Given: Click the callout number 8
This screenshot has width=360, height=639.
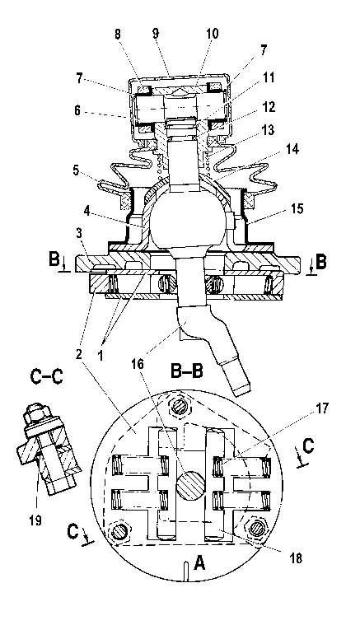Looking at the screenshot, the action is coord(119,35).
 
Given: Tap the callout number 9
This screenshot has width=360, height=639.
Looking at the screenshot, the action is coord(156,34).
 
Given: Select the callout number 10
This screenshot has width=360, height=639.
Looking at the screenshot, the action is coord(212,34).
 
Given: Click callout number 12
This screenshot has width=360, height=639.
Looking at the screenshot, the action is coord(269,107).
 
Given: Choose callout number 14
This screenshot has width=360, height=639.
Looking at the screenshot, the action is coord(292,150).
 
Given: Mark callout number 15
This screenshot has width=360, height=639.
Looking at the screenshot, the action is coord(297,208).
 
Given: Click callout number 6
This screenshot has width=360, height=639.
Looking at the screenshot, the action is coord(78,110).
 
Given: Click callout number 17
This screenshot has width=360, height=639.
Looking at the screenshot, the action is coord(321,408).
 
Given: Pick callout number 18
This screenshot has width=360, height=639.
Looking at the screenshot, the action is coord(297,558).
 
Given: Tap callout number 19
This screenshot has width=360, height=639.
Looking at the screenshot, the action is coord(35,520).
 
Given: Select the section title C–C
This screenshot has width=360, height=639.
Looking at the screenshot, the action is coord(47,377).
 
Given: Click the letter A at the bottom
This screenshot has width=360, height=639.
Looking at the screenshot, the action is coord(199,563).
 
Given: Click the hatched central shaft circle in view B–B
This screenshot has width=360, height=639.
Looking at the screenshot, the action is coord(190,486).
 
